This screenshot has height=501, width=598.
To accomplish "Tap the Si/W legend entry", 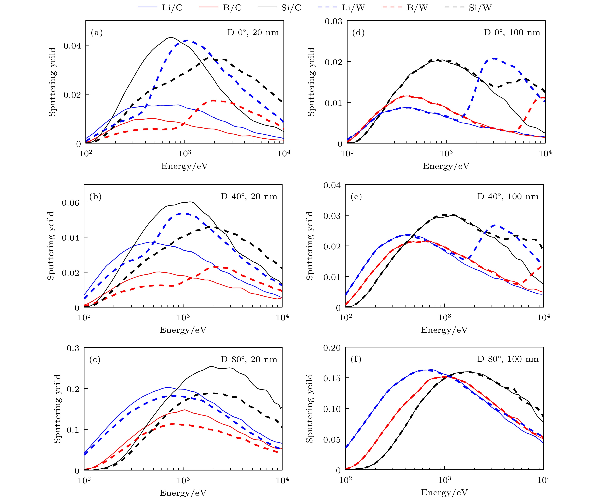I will pyautogui.click(x=468, y=8).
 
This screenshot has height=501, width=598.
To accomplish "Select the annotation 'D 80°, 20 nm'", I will pyautogui.click(x=249, y=359).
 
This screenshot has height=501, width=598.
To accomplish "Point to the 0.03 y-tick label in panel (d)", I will pyautogui.click(x=333, y=21).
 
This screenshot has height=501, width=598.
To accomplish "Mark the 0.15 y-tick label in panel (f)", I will pyautogui.click(x=332, y=378).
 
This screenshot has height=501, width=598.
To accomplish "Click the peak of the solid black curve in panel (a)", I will pyautogui.click(x=171, y=37).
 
